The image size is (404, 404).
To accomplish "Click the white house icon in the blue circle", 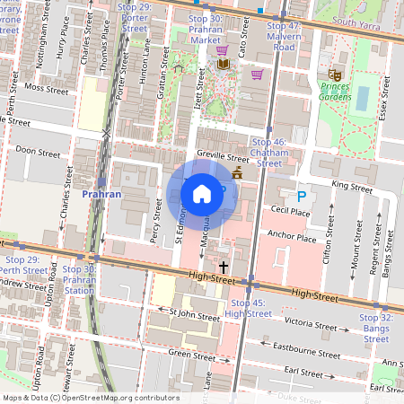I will click(202, 193).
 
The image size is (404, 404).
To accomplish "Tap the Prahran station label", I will click(101, 193).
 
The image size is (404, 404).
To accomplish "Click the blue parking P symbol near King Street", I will click(302, 196).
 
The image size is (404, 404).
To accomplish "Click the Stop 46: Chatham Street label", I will click(269, 153).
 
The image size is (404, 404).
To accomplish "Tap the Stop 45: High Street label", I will click(248, 308).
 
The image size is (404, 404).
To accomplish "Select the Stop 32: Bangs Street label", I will click(376, 328).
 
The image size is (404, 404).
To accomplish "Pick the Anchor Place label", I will click(292, 239).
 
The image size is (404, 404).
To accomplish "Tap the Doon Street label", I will click(38, 154).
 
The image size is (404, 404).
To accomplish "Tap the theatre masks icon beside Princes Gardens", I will click(335, 75).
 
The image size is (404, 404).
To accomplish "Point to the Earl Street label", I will click(303, 372).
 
